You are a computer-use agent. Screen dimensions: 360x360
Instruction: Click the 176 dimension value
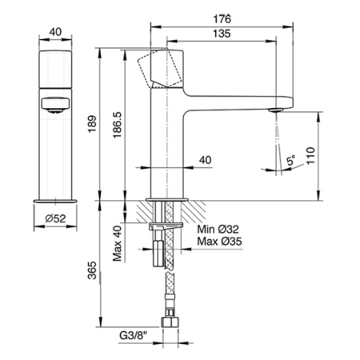pos(222,19)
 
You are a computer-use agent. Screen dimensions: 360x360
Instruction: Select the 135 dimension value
pos(222,34)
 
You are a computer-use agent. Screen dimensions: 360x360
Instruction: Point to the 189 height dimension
pos(92,124)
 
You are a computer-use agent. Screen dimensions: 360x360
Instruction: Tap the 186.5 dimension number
pos(117,125)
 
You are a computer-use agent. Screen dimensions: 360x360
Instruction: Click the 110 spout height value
pos(310,155)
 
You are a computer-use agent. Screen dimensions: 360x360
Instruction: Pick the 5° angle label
pos(290,161)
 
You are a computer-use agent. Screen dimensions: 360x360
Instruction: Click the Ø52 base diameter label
pos(55,219)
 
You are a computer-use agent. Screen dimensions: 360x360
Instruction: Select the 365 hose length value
pos(92,270)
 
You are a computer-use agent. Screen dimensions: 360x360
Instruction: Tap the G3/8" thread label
pos(134,336)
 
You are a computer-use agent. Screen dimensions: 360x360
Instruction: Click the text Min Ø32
pos(218,229)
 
